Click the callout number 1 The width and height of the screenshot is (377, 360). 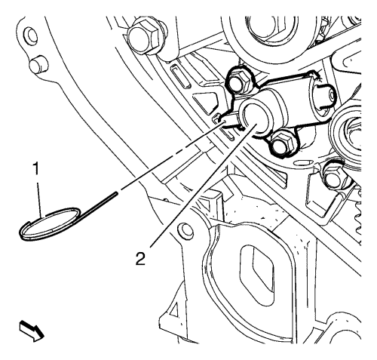tap(37, 168)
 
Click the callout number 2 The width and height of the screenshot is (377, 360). tap(140, 259)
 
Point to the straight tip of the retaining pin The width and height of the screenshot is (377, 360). tap(117, 193)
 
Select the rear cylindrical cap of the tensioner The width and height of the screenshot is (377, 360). tap(324, 96)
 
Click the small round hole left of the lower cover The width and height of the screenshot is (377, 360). tap(184, 229)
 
